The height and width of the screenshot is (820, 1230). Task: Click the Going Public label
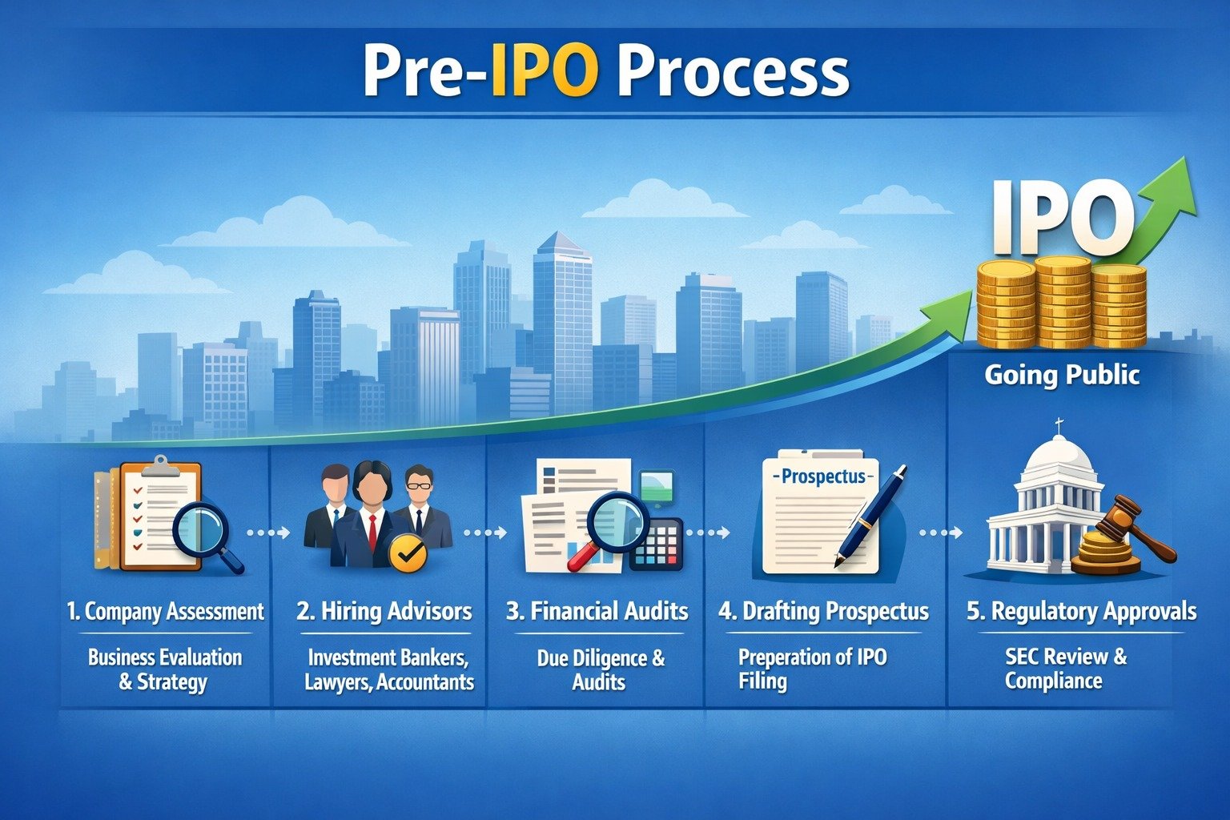[1061, 376]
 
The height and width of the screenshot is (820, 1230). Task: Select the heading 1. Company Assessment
[166, 611]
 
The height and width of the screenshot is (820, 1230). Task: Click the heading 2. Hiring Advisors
[384, 611]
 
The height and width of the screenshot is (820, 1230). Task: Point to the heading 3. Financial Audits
[597, 611]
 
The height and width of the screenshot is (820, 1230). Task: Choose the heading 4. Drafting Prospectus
[824, 611]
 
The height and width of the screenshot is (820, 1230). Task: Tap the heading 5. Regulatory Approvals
[1082, 611]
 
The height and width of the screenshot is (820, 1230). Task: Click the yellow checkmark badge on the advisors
[408, 555]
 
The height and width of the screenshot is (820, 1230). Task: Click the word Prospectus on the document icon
[822, 476]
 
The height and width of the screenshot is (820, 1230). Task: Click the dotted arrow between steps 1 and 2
[268, 533]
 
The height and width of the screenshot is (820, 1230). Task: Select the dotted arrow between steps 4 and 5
[941, 533]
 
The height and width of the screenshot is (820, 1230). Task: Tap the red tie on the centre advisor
[373, 532]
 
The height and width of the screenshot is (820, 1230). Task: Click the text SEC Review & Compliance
[1064, 669]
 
